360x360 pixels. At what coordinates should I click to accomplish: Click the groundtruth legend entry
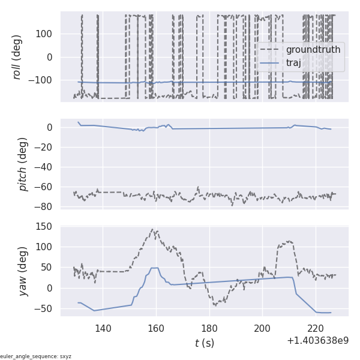[x=313, y=49]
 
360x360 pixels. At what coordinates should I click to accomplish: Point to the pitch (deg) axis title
[x=23, y=164]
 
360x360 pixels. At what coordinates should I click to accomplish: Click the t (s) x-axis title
[x=204, y=343]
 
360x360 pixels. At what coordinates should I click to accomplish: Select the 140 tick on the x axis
[x=103, y=328]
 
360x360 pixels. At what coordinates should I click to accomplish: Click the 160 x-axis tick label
[x=156, y=328]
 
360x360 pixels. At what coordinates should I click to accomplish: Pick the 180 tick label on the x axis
[x=209, y=328]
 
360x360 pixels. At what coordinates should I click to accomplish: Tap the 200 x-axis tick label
[x=262, y=328]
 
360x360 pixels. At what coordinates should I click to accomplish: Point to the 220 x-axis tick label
[x=316, y=328]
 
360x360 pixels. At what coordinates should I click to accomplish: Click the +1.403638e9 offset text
[x=317, y=341]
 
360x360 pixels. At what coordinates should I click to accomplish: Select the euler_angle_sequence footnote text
[x=36, y=356]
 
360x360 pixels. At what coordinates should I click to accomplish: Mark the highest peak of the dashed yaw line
[x=153, y=229]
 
